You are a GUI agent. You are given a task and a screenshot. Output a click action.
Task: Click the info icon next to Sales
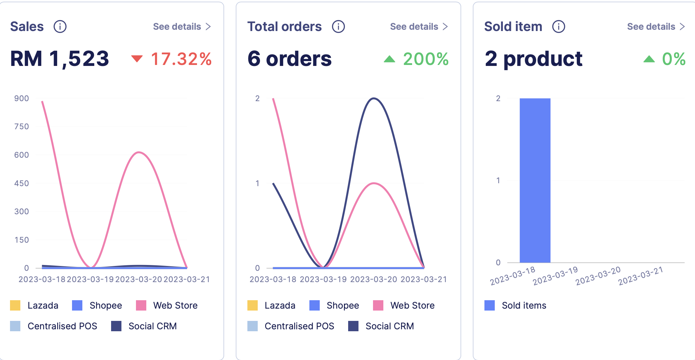point(60,26)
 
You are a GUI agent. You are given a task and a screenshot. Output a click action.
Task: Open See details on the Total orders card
point(419,26)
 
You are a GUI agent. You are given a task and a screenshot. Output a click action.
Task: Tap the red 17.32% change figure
point(181,59)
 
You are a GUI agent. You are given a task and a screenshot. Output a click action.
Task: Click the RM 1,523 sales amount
point(60,59)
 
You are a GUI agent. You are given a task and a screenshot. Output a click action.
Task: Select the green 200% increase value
point(426,59)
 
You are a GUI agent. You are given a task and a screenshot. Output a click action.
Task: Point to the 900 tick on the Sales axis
point(22,99)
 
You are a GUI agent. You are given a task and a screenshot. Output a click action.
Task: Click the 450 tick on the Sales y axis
point(22,183)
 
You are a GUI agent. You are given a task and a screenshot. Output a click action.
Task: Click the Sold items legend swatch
point(490,305)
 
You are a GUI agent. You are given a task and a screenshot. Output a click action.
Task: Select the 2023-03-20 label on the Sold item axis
point(598,276)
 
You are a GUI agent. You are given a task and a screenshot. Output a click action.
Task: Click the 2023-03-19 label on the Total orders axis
point(323,280)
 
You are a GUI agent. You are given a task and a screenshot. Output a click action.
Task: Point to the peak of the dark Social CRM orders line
point(374,98)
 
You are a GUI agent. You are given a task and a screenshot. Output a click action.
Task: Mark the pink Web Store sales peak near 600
point(139,152)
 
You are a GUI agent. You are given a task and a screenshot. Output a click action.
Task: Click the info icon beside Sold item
point(558,26)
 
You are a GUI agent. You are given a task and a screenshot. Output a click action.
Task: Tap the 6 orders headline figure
point(289,59)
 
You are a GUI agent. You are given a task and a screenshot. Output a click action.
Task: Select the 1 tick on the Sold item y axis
point(498,180)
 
